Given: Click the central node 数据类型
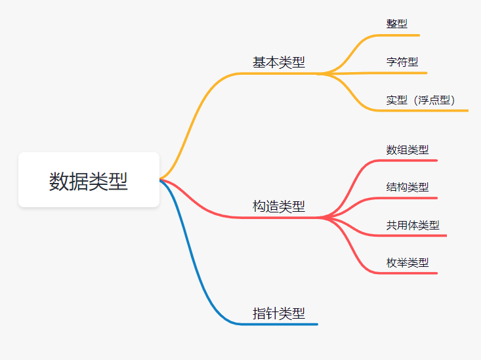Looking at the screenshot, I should coord(89,180).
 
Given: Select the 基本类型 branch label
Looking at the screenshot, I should coord(279,63).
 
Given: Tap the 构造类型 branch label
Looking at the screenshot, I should coord(279,207).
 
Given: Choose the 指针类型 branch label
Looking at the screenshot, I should coord(279,313).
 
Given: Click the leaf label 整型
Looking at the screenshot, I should coord(397,24).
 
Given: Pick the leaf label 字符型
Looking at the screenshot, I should coord(402,62).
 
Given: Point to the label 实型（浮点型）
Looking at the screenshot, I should coord(421,100).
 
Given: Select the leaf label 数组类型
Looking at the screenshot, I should coord(408,150).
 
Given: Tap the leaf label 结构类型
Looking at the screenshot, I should coord(408,187).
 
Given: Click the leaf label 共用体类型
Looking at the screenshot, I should coord(413,225).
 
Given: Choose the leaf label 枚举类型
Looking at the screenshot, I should coord(408,262).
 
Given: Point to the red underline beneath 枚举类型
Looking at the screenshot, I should coord(410,273).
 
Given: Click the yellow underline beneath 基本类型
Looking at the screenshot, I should coord(279,73).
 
